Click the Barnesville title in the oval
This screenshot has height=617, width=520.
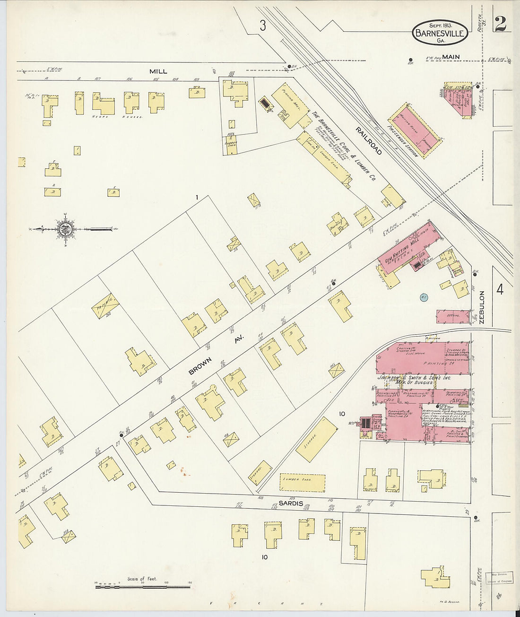(x=441, y=33)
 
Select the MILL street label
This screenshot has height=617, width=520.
(x=158, y=71)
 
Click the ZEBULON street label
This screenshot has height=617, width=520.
(x=482, y=307)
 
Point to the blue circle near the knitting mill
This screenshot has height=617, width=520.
(x=424, y=297)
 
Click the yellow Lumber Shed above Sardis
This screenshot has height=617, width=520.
(x=303, y=482)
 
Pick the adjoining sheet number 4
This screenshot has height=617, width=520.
(x=500, y=289)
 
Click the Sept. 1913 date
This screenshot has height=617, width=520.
(x=441, y=25)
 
